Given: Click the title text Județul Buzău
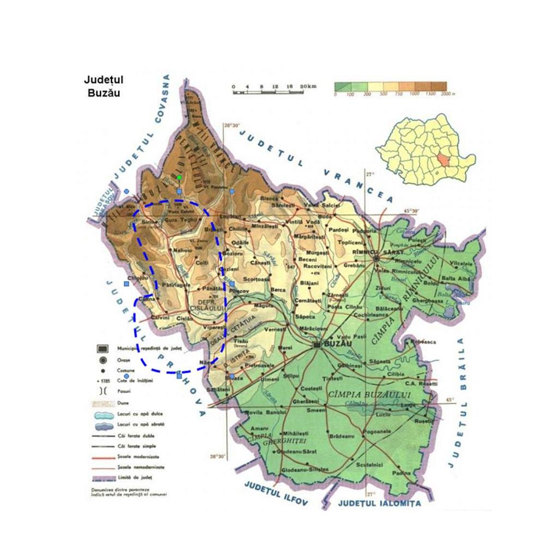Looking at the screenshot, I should tap(104, 86).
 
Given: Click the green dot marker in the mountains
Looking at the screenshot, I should tap(179, 178).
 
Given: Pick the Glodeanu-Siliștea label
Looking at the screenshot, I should tap(305, 469).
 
